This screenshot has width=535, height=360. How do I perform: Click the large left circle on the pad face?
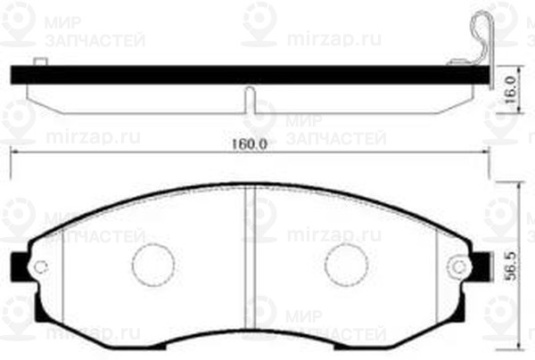point(152,265)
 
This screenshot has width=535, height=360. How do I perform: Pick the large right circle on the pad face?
point(346,265)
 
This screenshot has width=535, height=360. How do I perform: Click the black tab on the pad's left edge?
point(17,265)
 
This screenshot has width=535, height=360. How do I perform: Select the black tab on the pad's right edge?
point(481,265)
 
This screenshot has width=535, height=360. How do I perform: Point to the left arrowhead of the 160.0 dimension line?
point(12,152)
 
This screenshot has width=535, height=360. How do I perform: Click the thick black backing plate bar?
point(250,77)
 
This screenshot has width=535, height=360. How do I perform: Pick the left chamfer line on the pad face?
point(65,267)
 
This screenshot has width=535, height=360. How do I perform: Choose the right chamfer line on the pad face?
point(434,267)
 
